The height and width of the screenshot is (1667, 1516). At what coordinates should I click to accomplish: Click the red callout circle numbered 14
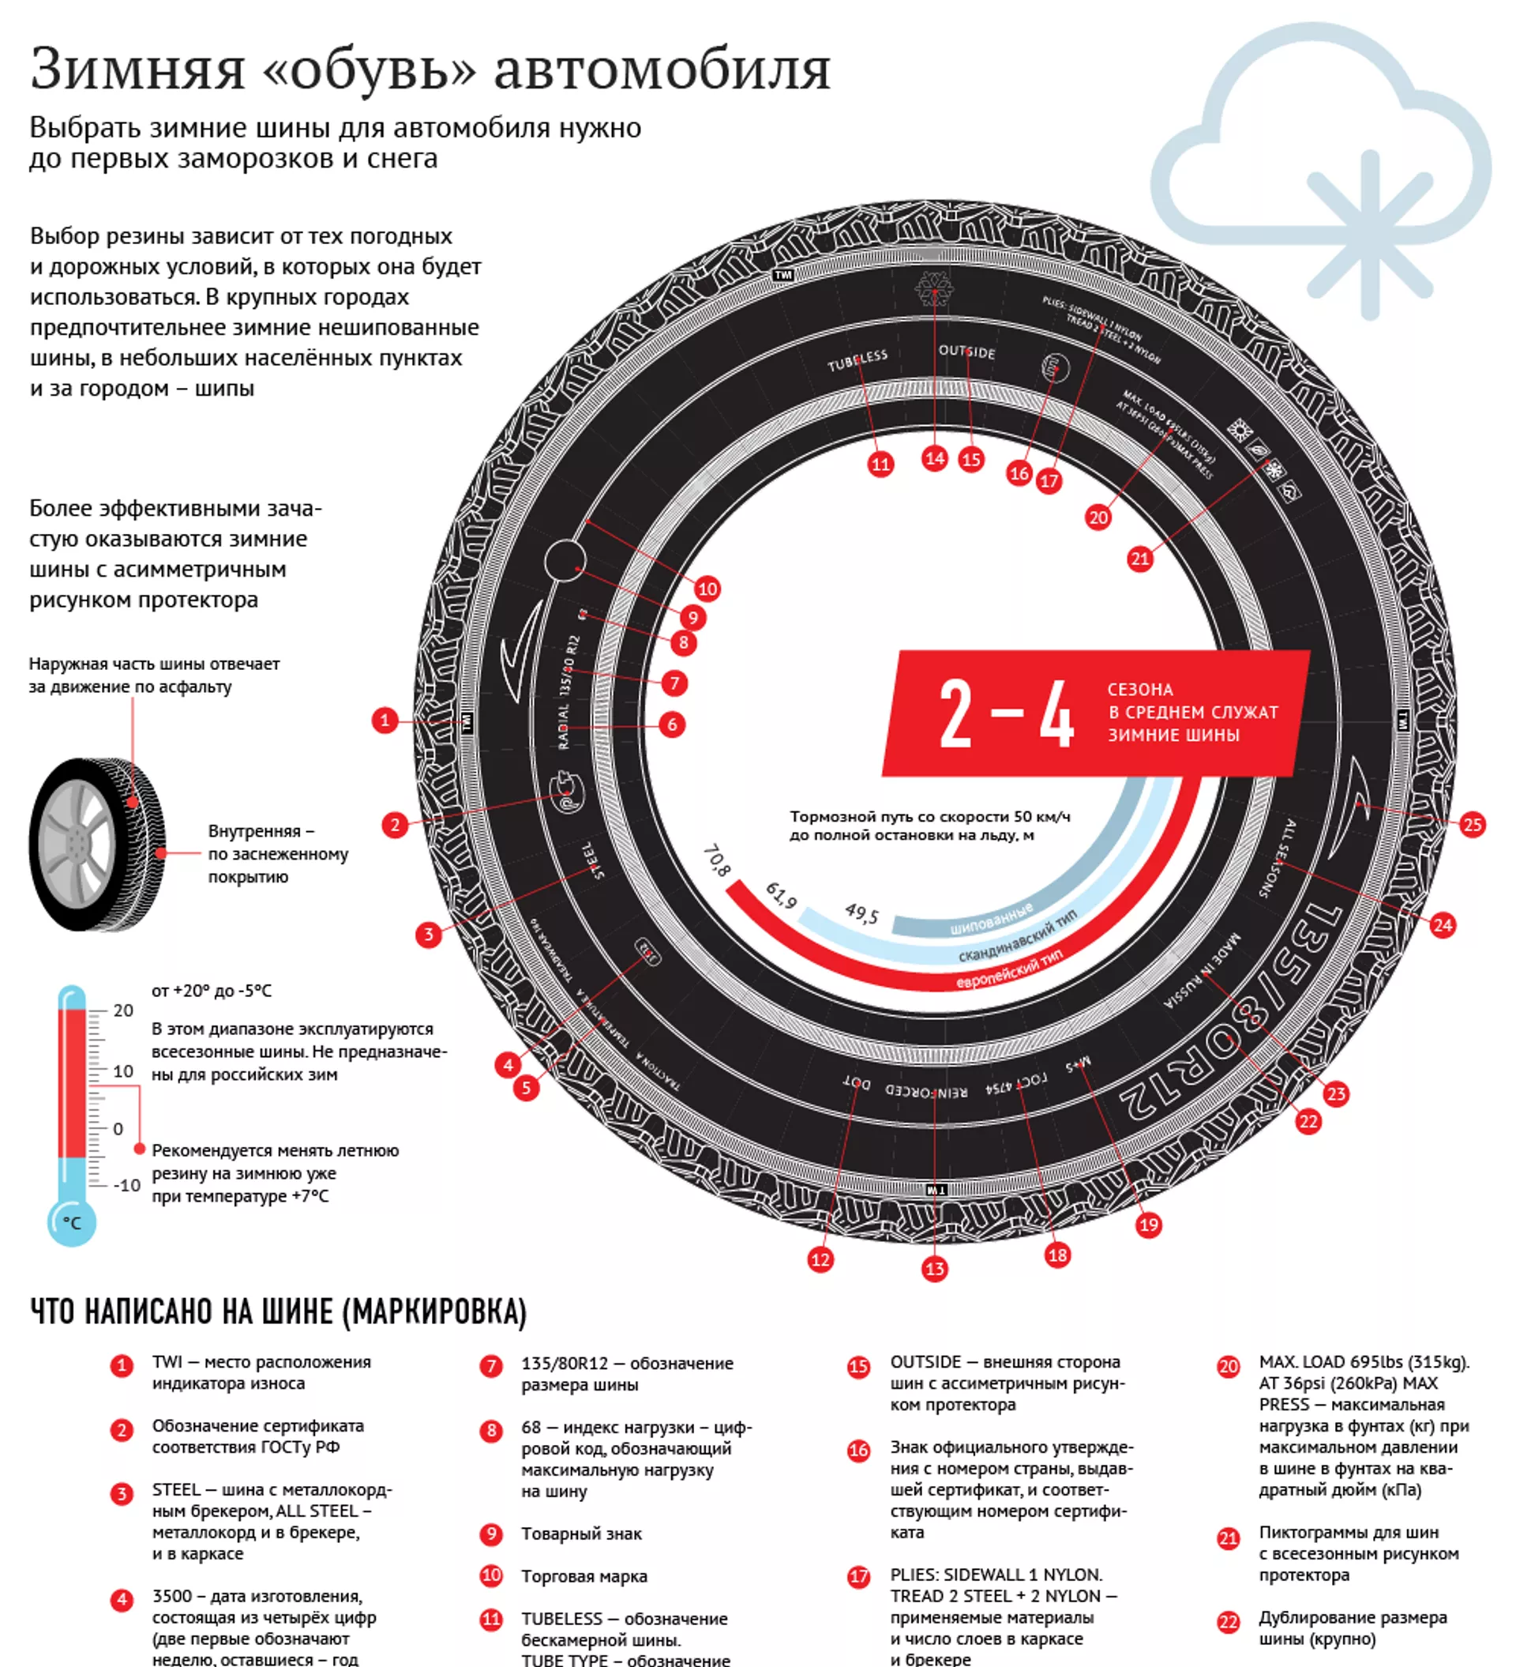click(934, 459)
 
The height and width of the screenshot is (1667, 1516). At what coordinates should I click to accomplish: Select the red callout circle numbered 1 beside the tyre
click(385, 721)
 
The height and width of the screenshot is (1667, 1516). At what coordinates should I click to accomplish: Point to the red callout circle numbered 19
click(1149, 1225)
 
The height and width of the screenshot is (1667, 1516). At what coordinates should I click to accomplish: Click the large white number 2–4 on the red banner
click(1006, 714)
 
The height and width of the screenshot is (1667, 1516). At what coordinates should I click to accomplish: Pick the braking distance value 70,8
click(717, 861)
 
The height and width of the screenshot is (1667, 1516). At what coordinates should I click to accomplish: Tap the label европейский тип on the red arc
click(1008, 970)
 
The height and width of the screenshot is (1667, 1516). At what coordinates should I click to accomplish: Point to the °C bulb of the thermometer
click(72, 1223)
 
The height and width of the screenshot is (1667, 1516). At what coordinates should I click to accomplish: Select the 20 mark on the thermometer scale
click(123, 1010)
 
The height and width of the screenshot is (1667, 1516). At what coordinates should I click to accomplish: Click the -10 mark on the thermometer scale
click(126, 1185)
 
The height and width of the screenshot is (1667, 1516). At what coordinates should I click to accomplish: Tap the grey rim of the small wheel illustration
click(75, 845)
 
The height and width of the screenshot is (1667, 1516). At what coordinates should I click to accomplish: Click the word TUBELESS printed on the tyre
click(857, 360)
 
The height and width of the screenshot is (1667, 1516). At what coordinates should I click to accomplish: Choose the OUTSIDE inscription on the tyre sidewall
click(966, 352)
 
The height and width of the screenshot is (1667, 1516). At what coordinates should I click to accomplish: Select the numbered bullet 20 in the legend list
click(1229, 1367)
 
